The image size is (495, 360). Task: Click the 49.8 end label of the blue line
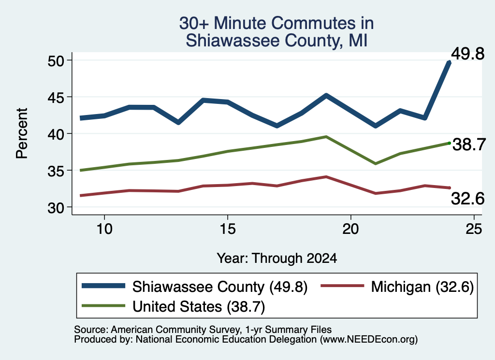coord(467,54)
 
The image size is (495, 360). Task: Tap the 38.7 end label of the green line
coord(469,145)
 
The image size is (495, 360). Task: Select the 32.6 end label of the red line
coord(467,199)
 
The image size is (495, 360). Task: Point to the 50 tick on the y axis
coord(56,60)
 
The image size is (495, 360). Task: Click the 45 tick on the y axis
coord(56,97)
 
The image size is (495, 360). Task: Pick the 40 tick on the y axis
coord(56,134)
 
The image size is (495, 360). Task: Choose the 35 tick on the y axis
coord(56,171)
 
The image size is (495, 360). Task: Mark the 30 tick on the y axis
coord(56,207)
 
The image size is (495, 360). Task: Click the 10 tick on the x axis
coord(104,229)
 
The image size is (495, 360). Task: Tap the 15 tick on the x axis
coord(228,229)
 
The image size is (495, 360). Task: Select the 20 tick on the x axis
coord(351,229)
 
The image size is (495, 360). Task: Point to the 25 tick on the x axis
coord(474,229)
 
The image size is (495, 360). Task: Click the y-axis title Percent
coord(22,133)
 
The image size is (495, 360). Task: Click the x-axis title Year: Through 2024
coord(277,258)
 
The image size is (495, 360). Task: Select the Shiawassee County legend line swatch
coord(103,286)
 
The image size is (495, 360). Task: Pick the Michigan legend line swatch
coord(342,286)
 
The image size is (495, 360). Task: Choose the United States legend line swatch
coord(103,306)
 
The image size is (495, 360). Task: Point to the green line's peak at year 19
coord(326,137)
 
